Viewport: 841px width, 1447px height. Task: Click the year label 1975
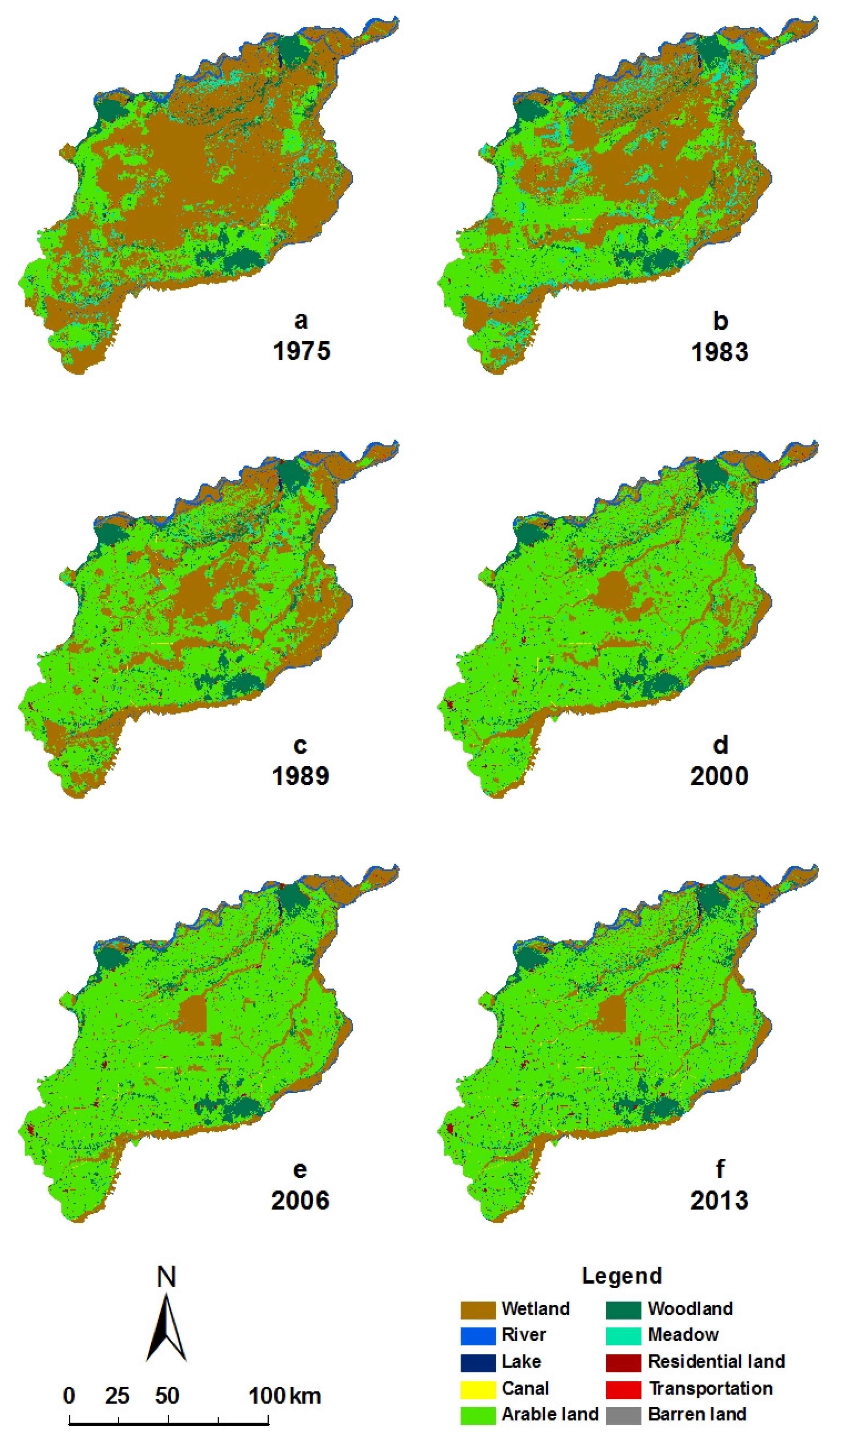[302, 351]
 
